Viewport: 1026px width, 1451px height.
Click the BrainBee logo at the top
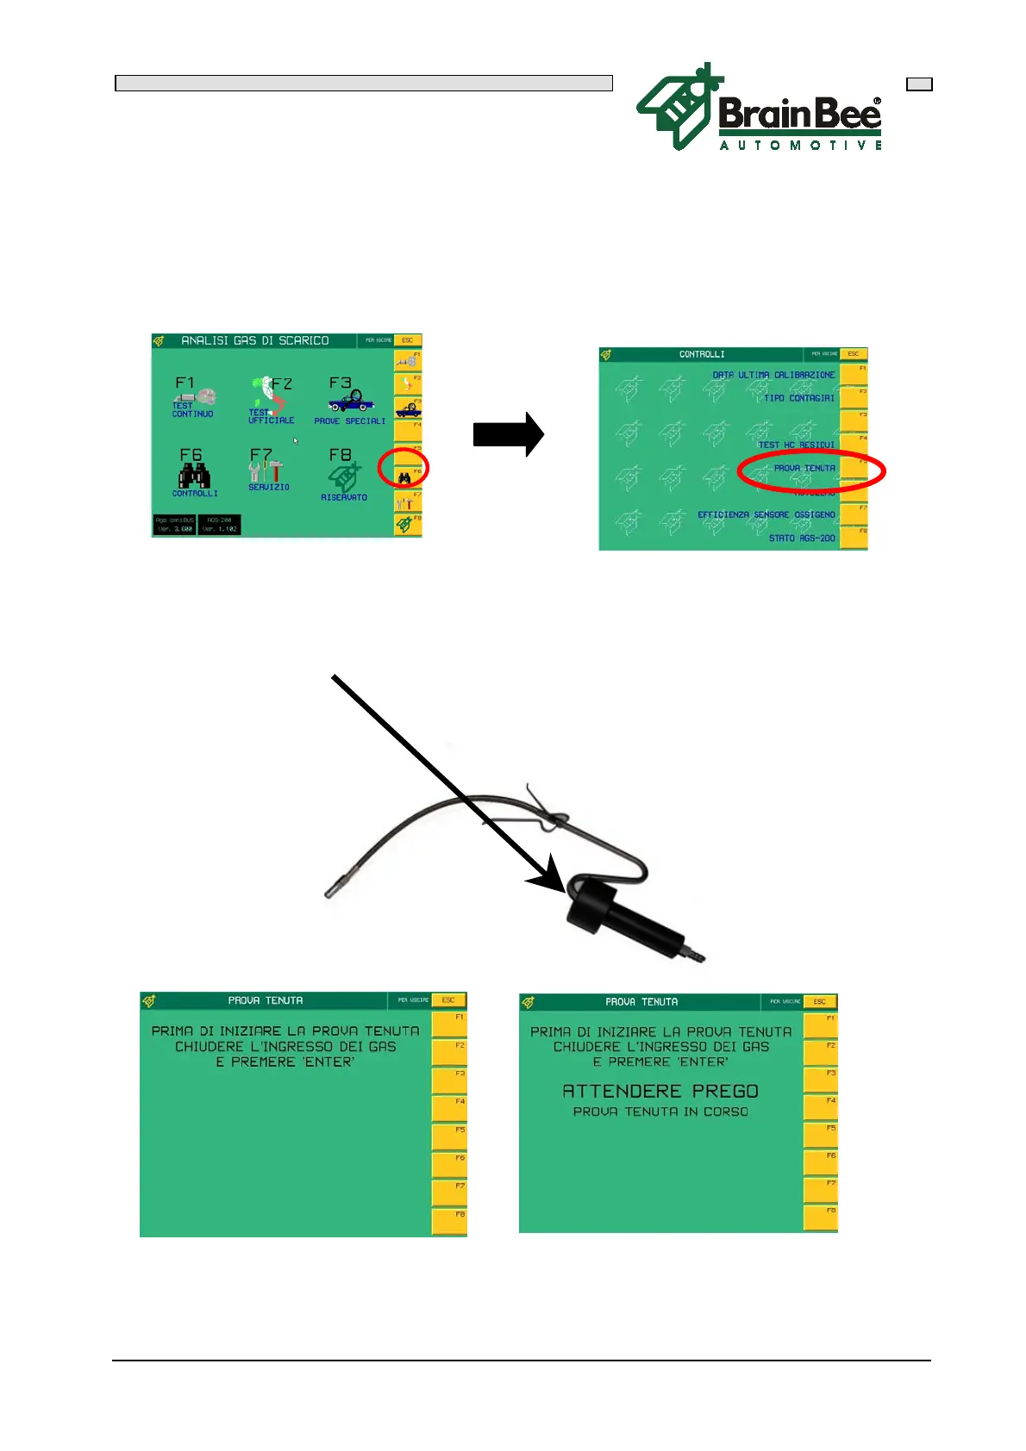click(x=759, y=109)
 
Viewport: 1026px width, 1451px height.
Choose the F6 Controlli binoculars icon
click(x=194, y=474)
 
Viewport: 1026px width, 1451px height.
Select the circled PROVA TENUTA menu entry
click(x=804, y=469)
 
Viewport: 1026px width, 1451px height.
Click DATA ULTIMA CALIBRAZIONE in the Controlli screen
click(x=773, y=376)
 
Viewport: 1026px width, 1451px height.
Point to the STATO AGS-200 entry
click(x=802, y=539)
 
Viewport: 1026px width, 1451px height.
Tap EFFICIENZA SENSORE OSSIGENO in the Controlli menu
click(x=766, y=515)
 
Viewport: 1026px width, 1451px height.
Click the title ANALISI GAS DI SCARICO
click(x=254, y=341)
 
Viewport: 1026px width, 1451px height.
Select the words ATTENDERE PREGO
click(x=660, y=1092)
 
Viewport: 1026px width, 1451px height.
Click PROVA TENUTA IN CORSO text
click(x=660, y=1112)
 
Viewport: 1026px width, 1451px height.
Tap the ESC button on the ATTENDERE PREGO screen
click(x=819, y=1002)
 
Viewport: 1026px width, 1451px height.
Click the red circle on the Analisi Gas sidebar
click(x=404, y=470)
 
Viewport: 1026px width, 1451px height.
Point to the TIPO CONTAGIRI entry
click(x=798, y=399)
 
